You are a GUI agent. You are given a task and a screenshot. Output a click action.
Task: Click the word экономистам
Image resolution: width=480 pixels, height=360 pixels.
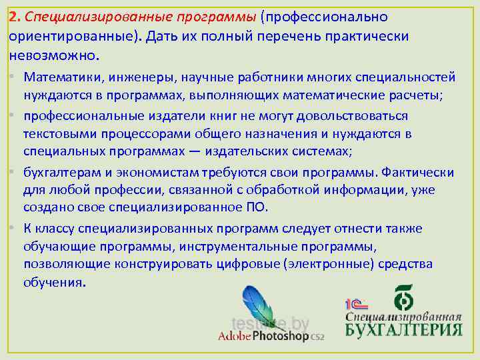pyautogui.click(x=144, y=173)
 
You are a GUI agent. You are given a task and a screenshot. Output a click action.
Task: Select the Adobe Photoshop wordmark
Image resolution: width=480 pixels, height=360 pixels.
pyautogui.click(x=269, y=336)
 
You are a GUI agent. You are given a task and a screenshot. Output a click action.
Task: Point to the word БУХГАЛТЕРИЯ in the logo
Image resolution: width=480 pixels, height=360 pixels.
pyautogui.click(x=403, y=329)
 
